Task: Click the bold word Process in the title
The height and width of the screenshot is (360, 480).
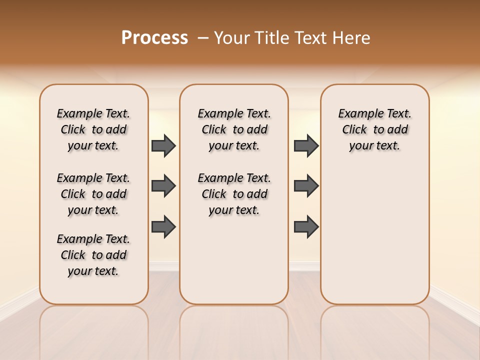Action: pos(154,38)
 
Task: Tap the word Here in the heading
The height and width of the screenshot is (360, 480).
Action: pos(352,38)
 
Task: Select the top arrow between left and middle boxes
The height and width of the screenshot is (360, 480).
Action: pos(163,145)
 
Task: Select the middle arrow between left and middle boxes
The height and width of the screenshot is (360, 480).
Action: pos(163,186)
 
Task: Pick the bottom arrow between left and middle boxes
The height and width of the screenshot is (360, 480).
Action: pos(163,227)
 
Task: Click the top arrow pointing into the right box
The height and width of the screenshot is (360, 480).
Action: pos(306,145)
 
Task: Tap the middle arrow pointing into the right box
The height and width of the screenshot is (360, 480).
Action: pos(306,186)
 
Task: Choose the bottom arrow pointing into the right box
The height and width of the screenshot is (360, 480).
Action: pos(306,227)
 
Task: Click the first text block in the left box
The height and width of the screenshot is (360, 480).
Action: pos(93,129)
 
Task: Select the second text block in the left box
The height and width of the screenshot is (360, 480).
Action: pos(93,194)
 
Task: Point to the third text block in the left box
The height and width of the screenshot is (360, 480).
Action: pos(93,255)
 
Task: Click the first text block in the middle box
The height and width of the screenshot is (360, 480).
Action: pos(234,129)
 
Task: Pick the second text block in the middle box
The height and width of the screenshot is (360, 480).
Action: pos(234,194)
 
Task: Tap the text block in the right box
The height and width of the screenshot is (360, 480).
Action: pos(375,129)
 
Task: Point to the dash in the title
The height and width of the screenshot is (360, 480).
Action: pos(203,38)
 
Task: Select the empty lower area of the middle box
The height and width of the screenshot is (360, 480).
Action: pos(234,260)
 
